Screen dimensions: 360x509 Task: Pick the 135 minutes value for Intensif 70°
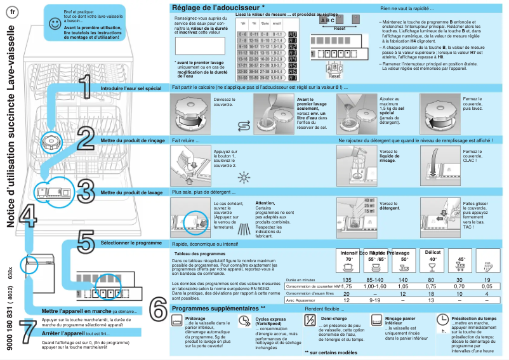[347, 279]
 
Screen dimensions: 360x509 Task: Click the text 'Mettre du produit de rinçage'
[133, 140]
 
